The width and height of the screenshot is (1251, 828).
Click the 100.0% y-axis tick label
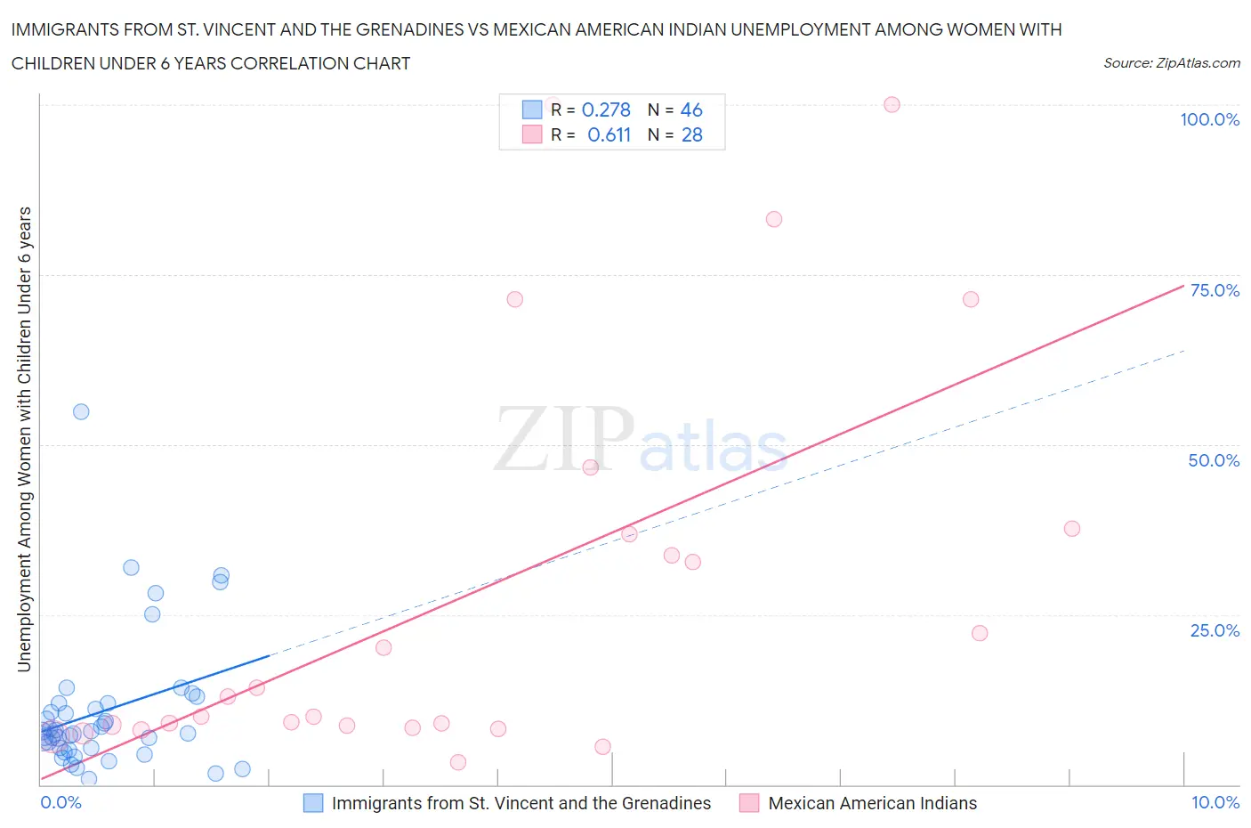coord(1209,119)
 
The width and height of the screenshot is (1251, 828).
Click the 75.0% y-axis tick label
coord(1215,290)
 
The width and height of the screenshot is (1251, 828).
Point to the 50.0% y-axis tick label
coord(1214,460)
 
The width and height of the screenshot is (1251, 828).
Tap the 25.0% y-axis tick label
coord(1215,630)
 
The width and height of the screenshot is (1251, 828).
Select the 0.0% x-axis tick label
coord(61,802)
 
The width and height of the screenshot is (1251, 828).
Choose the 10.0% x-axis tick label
coord(1215,802)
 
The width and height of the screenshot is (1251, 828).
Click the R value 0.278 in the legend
coord(605,110)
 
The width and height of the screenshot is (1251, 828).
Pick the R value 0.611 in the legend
coord(609,134)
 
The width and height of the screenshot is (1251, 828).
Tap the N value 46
coord(691,110)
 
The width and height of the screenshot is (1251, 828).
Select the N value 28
coord(691,134)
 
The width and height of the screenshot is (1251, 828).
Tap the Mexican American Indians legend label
coord(872,803)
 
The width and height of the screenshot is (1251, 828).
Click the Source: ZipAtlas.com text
coord(1171,62)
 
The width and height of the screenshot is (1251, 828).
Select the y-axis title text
coord(24,439)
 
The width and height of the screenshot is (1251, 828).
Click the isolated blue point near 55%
coord(81,411)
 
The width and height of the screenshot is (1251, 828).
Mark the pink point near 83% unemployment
coord(774,219)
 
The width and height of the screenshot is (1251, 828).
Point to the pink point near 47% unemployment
coord(590,467)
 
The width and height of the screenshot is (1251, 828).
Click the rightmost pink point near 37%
coord(1072,529)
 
